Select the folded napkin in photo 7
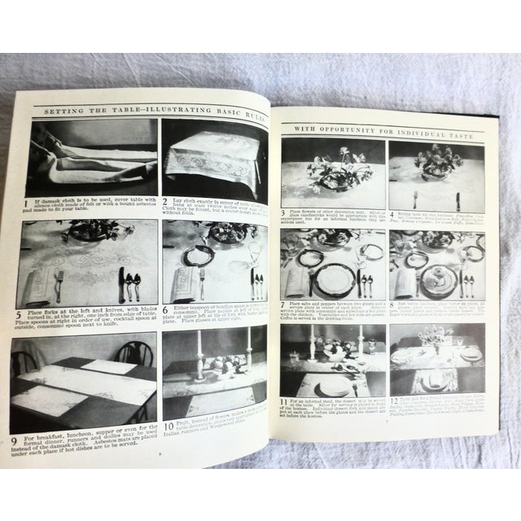point(298,281)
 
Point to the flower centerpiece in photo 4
point(437,163)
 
